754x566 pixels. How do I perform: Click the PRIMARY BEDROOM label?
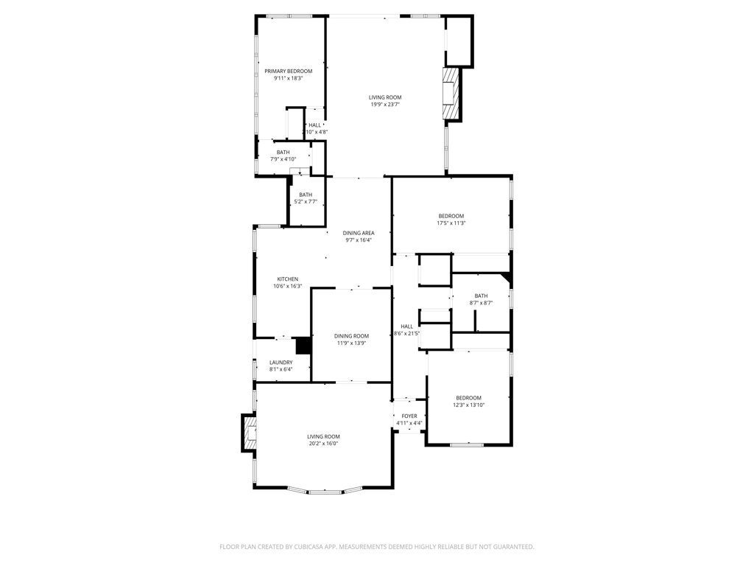point(288,71)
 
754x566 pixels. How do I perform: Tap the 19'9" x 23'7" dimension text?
point(385,105)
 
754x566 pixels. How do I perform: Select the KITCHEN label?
point(287,279)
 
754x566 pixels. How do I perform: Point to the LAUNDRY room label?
point(281,363)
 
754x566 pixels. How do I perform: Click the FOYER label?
point(409,416)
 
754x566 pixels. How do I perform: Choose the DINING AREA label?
point(358,233)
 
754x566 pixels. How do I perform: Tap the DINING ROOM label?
point(351,336)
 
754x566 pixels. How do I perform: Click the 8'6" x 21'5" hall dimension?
point(407,333)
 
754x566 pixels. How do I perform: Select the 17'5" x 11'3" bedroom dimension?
point(451,223)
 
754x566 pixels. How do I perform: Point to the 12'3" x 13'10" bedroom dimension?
point(468,405)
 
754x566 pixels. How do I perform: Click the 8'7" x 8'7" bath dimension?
point(481,303)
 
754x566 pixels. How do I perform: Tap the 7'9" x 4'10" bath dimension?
point(283,159)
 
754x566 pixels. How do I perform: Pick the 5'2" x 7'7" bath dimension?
point(305,201)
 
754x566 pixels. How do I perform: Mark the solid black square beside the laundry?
point(303,346)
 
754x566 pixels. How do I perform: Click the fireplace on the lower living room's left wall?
point(248,433)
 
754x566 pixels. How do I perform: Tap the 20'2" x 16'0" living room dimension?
point(323,443)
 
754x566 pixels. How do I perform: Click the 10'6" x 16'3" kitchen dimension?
point(287,286)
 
